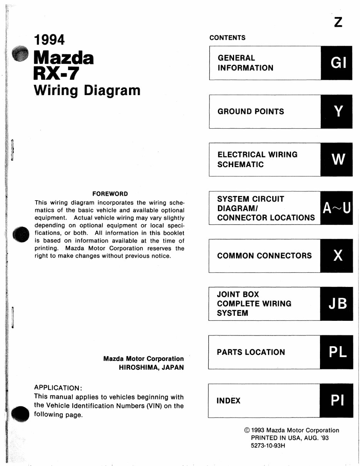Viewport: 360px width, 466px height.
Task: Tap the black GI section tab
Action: (x=336, y=63)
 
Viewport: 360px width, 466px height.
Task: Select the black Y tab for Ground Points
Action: (x=336, y=111)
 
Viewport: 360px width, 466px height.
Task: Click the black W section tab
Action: (x=336, y=159)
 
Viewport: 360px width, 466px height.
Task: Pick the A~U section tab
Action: (x=336, y=208)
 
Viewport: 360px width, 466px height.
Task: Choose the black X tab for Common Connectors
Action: (x=336, y=256)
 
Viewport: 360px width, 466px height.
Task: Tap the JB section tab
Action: (x=336, y=304)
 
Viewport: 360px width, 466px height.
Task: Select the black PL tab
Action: (x=336, y=352)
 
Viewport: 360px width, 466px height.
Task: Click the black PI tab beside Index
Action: (x=336, y=401)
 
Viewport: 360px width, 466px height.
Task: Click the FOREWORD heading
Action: (x=110, y=194)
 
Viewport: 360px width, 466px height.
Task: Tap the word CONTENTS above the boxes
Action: (x=227, y=38)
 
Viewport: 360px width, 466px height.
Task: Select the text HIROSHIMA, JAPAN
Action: (x=151, y=367)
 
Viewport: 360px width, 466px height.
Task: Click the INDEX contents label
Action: (x=228, y=401)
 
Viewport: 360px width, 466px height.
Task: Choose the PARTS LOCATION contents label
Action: (x=251, y=352)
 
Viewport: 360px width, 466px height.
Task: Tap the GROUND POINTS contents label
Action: (x=251, y=112)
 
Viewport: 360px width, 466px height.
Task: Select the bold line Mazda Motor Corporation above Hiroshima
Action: (x=143, y=359)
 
